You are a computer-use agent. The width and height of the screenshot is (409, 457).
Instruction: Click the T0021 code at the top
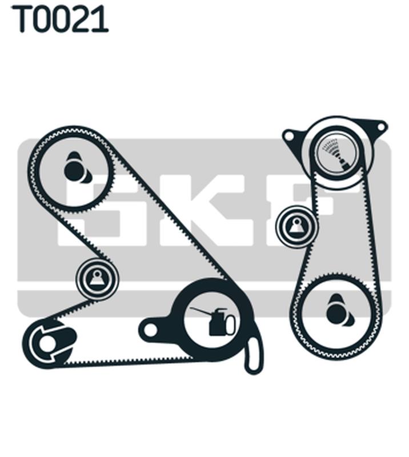pyautogui.click(x=60, y=19)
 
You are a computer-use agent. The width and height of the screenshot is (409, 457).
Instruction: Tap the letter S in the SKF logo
pyautogui.click(x=90, y=210)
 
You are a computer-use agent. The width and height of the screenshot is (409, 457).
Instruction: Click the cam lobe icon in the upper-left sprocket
pyautogui.click(x=77, y=168)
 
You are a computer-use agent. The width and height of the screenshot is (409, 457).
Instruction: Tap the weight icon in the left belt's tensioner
pyautogui.click(x=97, y=278)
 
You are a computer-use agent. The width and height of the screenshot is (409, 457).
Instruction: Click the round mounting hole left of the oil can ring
pyautogui.click(x=150, y=330)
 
